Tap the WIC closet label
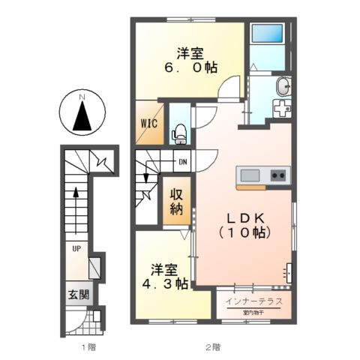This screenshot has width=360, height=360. (x=147, y=124)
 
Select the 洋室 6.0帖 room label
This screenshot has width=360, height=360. (x=192, y=60)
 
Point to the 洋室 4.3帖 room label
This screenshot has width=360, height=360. (x=163, y=277)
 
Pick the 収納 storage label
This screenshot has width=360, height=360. (x=176, y=202)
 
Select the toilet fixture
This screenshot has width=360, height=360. (x=180, y=133)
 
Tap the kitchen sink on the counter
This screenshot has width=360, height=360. (x=250, y=175)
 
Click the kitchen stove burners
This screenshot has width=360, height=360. (x=277, y=175)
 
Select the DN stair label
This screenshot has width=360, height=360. (x=182, y=161)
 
